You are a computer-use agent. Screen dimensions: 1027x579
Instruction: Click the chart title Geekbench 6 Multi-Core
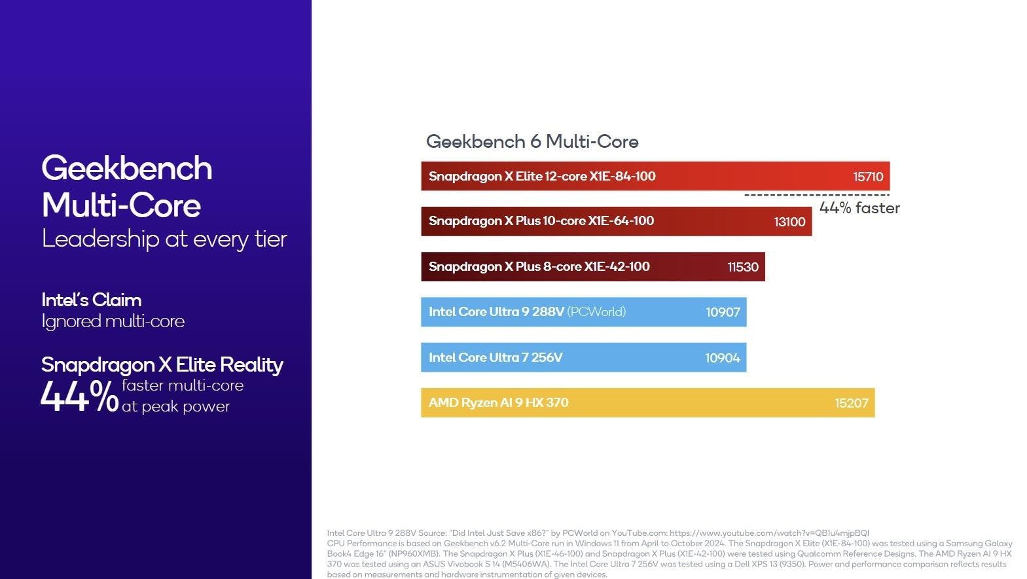(532, 142)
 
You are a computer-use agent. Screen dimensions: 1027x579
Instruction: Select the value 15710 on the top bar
(868, 177)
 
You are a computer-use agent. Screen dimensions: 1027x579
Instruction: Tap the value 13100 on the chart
(789, 222)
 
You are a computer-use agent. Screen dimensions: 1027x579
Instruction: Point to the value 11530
(743, 267)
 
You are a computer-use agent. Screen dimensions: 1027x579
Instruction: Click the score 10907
(723, 312)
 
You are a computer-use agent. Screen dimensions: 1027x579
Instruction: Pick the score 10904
(723, 358)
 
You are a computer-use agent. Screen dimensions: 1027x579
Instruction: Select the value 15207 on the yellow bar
(852, 403)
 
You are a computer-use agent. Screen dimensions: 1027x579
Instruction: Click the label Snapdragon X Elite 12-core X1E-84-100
(542, 176)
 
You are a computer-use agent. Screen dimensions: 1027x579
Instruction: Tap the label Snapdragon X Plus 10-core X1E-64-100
(541, 221)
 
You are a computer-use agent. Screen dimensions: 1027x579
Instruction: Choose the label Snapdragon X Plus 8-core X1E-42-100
(539, 266)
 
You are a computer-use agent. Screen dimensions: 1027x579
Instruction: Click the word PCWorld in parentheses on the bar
(596, 311)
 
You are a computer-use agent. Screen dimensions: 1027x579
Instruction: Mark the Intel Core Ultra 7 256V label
(495, 357)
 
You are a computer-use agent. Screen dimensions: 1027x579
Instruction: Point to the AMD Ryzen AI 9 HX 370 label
(498, 402)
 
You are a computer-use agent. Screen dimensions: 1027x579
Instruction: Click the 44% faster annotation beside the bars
(859, 208)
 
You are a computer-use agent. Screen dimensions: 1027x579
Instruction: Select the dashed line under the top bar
(817, 196)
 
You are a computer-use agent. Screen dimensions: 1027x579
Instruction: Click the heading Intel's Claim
(92, 300)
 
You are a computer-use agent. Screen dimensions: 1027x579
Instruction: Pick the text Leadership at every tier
(164, 239)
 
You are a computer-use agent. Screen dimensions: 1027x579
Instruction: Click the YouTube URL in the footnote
(769, 533)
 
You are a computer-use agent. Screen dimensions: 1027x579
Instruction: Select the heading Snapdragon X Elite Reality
(162, 365)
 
